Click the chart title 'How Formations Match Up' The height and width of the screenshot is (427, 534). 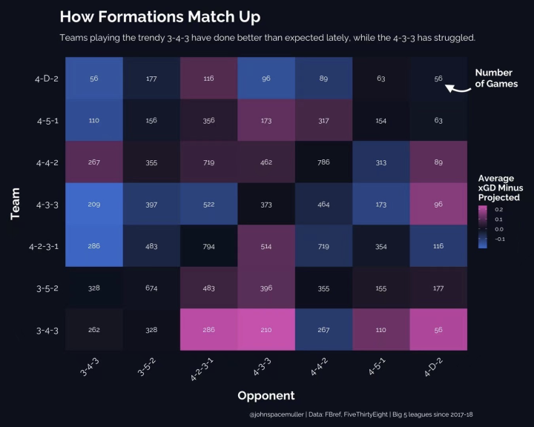[x=159, y=17]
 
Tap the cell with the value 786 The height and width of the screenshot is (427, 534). [x=323, y=162]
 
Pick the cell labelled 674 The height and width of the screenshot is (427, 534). [x=151, y=288]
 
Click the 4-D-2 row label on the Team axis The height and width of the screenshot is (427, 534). [x=46, y=79]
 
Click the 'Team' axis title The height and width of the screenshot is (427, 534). [x=16, y=204]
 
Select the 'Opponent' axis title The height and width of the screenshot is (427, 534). [x=266, y=396]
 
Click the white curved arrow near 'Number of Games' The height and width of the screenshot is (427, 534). [x=458, y=89]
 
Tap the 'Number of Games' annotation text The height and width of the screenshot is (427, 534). [x=496, y=79]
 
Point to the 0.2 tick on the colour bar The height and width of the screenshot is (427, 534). [x=499, y=210]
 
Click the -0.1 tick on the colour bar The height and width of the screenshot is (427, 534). [x=499, y=239]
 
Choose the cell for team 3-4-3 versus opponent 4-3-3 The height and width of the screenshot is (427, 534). [x=266, y=329]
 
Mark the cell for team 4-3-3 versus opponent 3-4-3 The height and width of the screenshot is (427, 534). [x=93, y=204]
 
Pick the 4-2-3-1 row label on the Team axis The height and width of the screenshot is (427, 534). [x=43, y=245]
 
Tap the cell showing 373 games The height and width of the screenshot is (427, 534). [x=266, y=204]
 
